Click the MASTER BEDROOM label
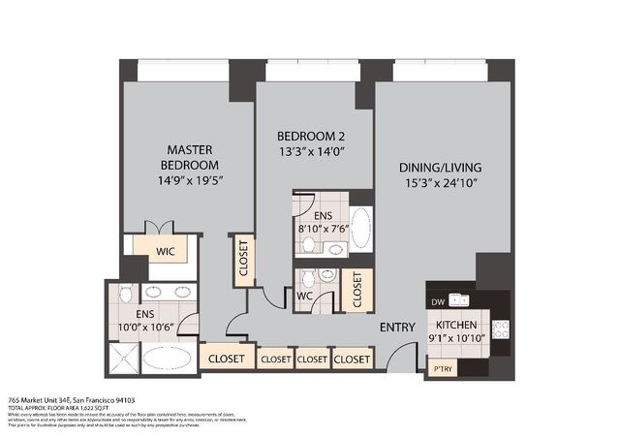pyautogui.click(x=189, y=157)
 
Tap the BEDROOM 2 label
pyautogui.click(x=311, y=135)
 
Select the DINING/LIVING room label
pyautogui.click(x=441, y=167)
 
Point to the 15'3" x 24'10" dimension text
pyautogui.click(x=441, y=183)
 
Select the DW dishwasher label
pyautogui.click(x=438, y=301)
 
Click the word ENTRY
pyautogui.click(x=398, y=327)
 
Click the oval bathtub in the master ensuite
pyautogui.click(x=170, y=358)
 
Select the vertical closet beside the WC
pyautogui.click(x=356, y=288)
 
